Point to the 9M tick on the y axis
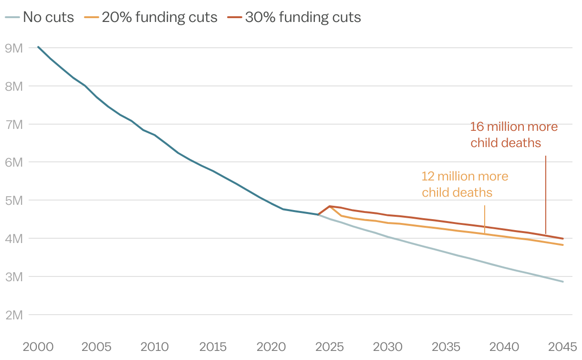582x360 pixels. [x=14, y=48]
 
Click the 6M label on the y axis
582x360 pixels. [x=14, y=162]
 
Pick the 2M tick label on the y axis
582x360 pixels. [x=14, y=315]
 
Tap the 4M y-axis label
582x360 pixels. [x=14, y=238]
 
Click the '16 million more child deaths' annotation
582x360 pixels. [x=513, y=135]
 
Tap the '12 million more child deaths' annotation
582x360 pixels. [x=464, y=184]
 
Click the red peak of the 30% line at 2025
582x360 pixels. [x=330, y=206]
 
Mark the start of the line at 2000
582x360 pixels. [x=38, y=47]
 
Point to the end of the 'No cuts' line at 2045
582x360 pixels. [x=563, y=282]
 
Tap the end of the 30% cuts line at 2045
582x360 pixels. [x=563, y=239]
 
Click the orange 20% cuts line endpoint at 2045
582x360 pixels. [x=563, y=245]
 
